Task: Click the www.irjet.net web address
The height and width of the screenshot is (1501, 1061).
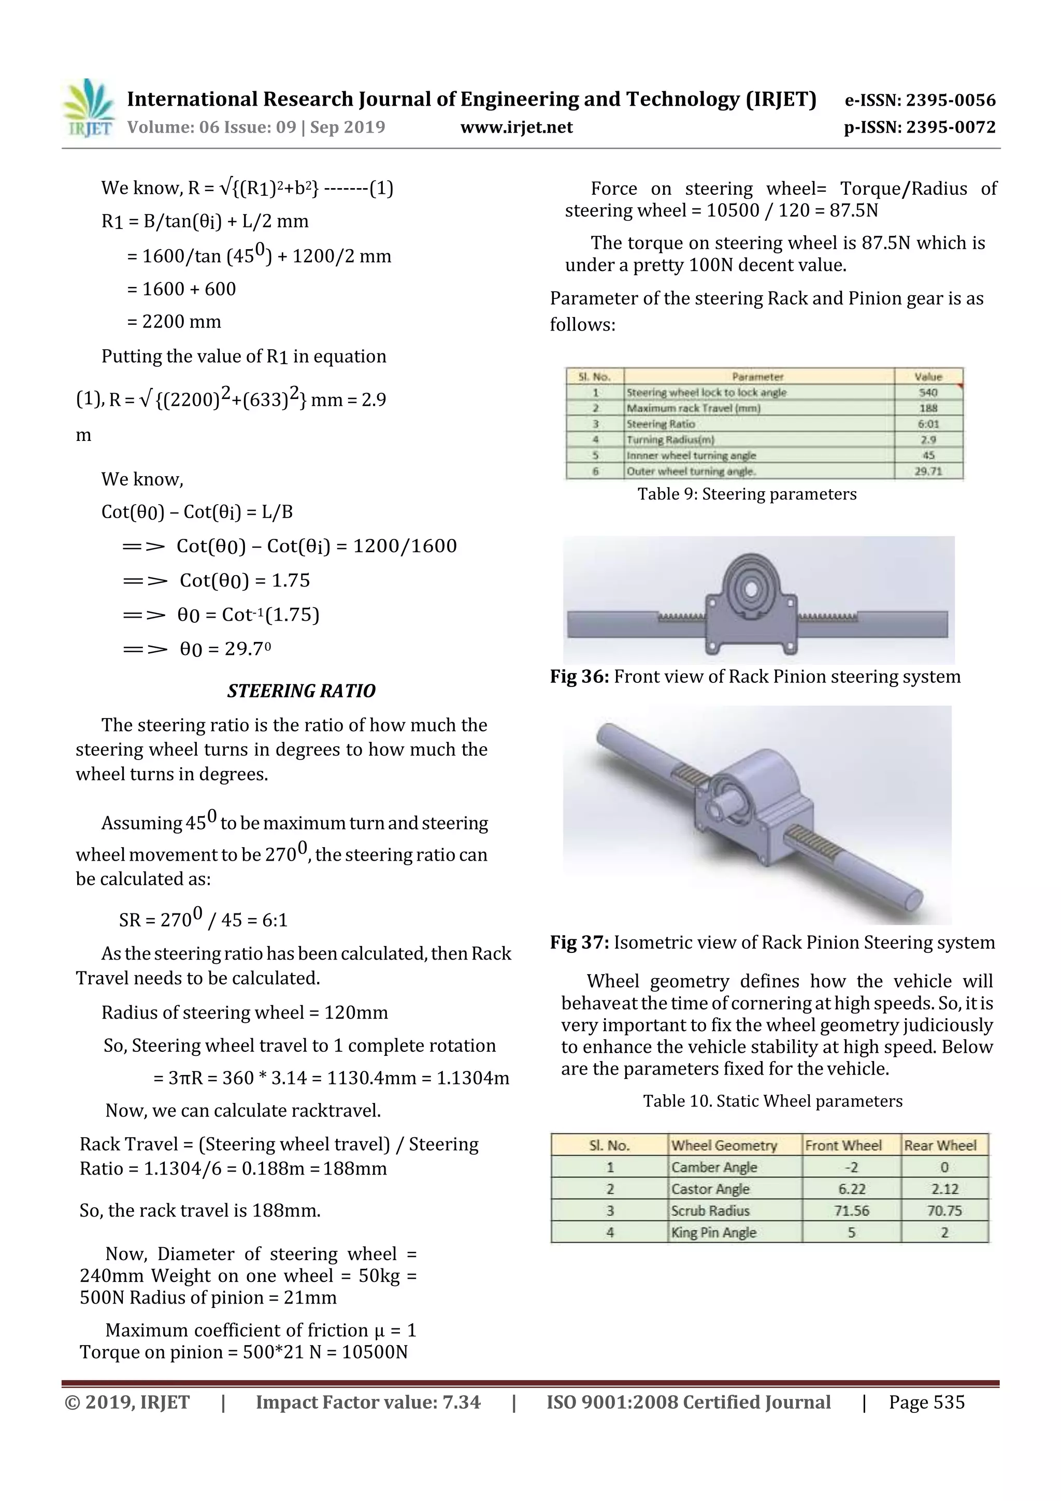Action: (x=517, y=127)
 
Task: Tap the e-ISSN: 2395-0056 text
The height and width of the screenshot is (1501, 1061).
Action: (x=920, y=100)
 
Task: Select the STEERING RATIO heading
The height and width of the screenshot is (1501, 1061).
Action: (x=302, y=691)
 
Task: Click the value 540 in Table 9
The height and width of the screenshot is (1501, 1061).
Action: (x=928, y=392)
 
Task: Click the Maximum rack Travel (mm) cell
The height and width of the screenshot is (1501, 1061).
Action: (x=693, y=408)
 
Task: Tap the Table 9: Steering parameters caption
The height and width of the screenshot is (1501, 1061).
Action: (x=747, y=494)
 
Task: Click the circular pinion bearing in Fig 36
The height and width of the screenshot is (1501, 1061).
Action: (x=751, y=589)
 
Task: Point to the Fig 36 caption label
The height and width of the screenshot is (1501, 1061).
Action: (x=579, y=677)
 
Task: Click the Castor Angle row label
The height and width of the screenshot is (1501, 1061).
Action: (x=710, y=1189)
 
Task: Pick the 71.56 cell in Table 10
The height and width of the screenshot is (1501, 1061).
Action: (x=851, y=1211)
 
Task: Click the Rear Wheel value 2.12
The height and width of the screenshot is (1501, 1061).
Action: (x=944, y=1189)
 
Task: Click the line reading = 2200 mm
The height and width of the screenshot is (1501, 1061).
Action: (x=174, y=322)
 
